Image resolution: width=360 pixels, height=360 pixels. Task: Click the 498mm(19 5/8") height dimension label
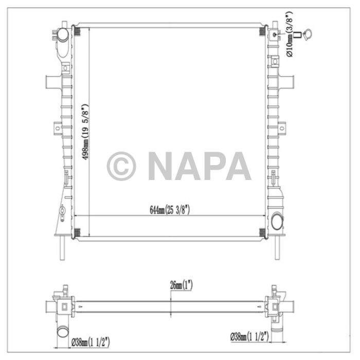(x=86, y=132)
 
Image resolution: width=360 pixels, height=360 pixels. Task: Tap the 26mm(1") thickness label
(x=181, y=284)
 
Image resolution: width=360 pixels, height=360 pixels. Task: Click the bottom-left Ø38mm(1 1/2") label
(x=91, y=340)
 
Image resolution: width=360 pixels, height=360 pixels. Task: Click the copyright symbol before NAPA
(x=121, y=166)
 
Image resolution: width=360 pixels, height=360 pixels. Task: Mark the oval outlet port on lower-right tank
(x=278, y=222)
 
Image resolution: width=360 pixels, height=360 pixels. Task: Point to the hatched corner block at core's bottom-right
(x=262, y=232)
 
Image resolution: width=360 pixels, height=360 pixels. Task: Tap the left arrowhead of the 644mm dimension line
(x=78, y=214)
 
